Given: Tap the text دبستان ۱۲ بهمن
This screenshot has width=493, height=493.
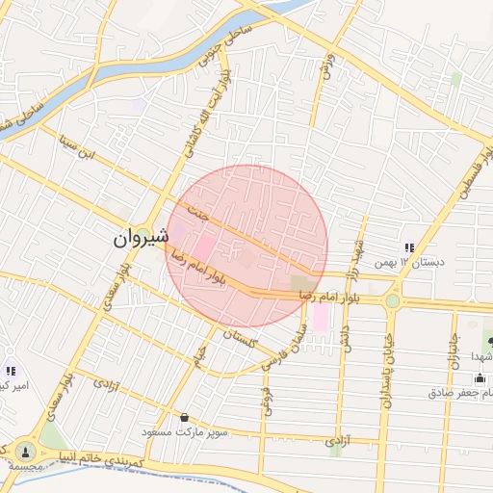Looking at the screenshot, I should (x=444, y=261).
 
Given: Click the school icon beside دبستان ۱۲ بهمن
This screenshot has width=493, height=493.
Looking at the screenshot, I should (x=410, y=248).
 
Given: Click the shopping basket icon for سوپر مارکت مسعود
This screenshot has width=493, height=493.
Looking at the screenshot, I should (x=185, y=418).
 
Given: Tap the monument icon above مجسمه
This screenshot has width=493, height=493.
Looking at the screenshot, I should (x=24, y=450).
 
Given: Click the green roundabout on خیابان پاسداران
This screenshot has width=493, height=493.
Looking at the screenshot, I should (x=392, y=301).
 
